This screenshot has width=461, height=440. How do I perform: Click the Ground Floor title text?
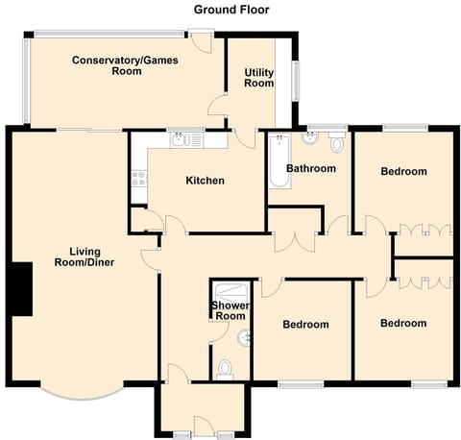[x=231, y=10]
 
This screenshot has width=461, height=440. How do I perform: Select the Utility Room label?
[x=259, y=78]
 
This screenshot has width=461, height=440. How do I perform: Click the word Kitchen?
[x=205, y=181]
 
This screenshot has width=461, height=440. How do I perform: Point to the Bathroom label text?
[x=310, y=169]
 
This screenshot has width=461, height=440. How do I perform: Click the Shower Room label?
[x=230, y=311]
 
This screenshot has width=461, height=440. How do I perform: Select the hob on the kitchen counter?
[x=137, y=177]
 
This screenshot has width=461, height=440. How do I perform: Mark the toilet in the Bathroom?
[x=335, y=144]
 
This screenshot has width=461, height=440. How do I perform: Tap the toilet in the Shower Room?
[x=226, y=369]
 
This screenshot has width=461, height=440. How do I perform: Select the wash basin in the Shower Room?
[x=247, y=336]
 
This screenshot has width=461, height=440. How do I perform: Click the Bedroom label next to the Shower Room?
[x=305, y=325]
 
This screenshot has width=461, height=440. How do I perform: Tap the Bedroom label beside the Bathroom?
[x=403, y=172]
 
